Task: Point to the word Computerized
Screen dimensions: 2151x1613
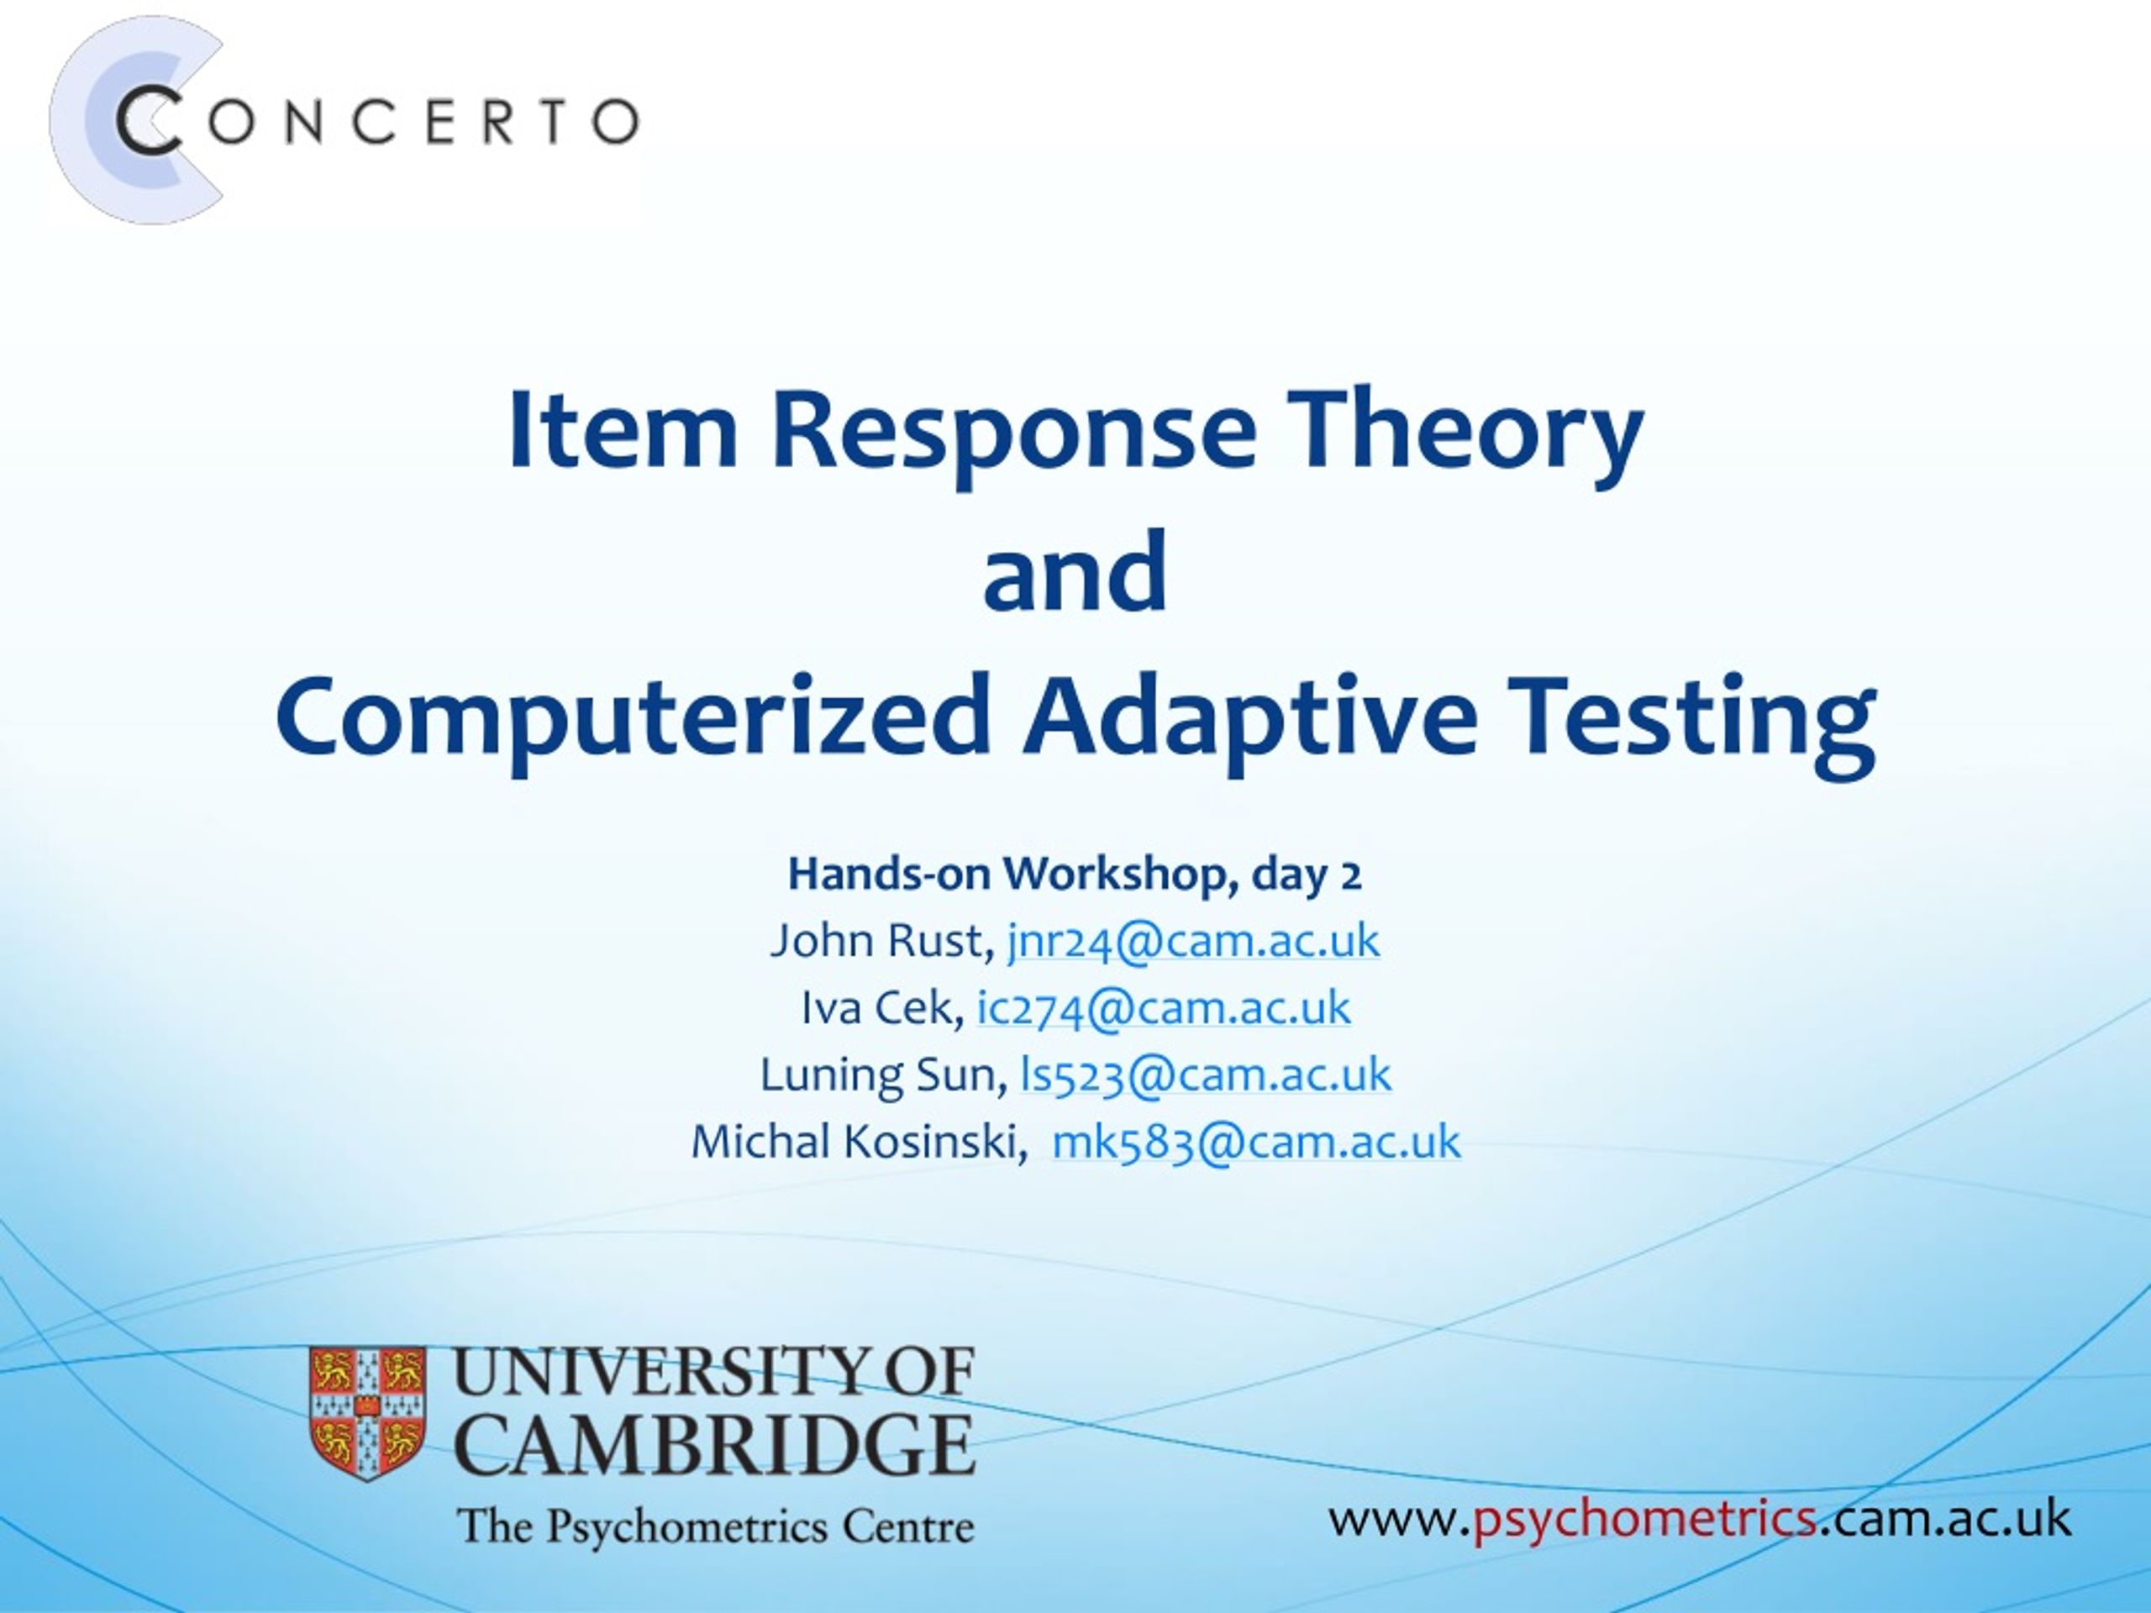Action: click(x=633, y=719)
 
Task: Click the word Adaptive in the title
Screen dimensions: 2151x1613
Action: click(x=1249, y=719)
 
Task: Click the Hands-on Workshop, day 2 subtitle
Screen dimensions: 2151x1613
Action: click(x=1075, y=874)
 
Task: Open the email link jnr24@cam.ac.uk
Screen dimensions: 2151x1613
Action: click(x=1193, y=941)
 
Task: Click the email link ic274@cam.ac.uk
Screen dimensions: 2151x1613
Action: click(x=1164, y=1007)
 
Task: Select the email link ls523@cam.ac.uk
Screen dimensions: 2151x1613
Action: click(x=1206, y=1074)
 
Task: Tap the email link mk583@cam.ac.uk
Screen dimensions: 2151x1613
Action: click(x=1256, y=1142)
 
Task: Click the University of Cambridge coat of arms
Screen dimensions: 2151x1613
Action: click(x=367, y=1414)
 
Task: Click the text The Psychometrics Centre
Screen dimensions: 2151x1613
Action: click(x=716, y=1526)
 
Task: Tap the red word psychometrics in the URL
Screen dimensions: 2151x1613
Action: click(x=1643, y=1518)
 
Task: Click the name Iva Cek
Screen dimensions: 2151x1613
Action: click(x=877, y=1007)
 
